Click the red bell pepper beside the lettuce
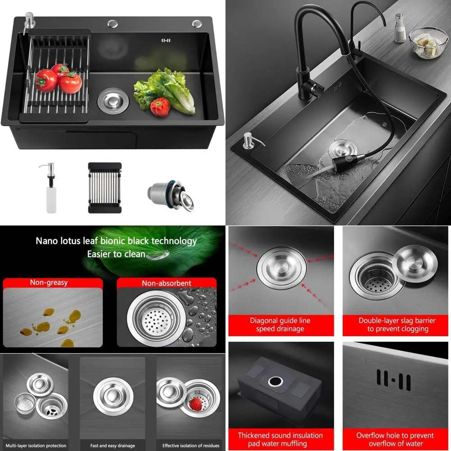(160, 107)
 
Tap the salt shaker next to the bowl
(400, 28)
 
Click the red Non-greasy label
(49, 283)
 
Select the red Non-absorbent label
(166, 283)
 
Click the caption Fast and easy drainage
(113, 446)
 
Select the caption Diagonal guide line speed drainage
(280, 325)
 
